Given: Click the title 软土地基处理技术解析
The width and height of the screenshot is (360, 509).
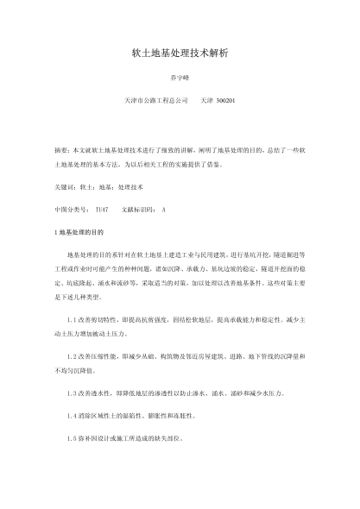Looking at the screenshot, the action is click(179, 53).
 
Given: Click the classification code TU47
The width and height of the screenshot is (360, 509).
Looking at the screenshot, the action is click(102, 210).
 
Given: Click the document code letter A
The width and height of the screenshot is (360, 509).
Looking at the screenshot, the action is click(164, 210).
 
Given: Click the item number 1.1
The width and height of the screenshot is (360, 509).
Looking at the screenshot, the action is click(72, 319).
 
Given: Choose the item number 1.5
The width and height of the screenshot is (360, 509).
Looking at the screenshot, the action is click(72, 438).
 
